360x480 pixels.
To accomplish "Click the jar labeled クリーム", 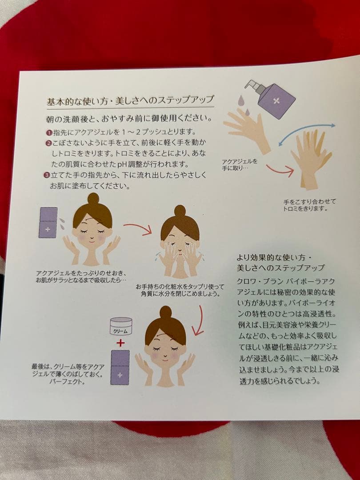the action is click(x=121, y=326).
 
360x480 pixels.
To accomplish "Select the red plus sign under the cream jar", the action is click(x=120, y=343).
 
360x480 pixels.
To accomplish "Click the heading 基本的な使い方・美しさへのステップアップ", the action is click(x=130, y=101).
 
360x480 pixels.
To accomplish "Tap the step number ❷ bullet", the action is click(x=49, y=143).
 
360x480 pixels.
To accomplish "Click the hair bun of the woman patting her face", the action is click(x=180, y=211).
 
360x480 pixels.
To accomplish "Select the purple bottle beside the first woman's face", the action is click(x=48, y=223).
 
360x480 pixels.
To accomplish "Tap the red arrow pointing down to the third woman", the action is click(x=199, y=320).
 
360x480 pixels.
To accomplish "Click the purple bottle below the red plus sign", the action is click(x=120, y=368).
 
